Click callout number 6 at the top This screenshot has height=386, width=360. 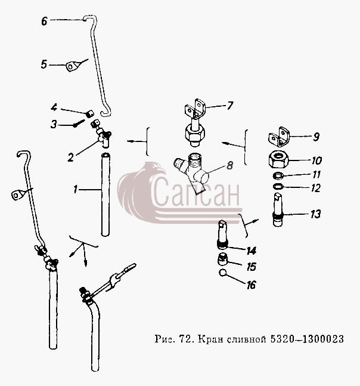44,21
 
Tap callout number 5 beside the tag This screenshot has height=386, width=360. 44,64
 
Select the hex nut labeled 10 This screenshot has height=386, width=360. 278,160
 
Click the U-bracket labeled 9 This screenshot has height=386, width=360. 279,137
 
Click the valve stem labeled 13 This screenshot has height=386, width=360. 278,210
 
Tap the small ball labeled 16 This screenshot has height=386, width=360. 223,273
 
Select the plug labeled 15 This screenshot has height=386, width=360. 223,260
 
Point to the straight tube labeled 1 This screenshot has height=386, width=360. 105,194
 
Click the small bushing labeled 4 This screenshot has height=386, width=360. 91,113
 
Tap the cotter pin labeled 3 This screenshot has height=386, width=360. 79,123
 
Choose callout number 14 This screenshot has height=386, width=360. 252,251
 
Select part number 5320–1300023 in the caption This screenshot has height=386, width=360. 307,339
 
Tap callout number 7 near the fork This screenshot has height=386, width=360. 229,106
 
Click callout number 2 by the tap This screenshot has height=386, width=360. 71,158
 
